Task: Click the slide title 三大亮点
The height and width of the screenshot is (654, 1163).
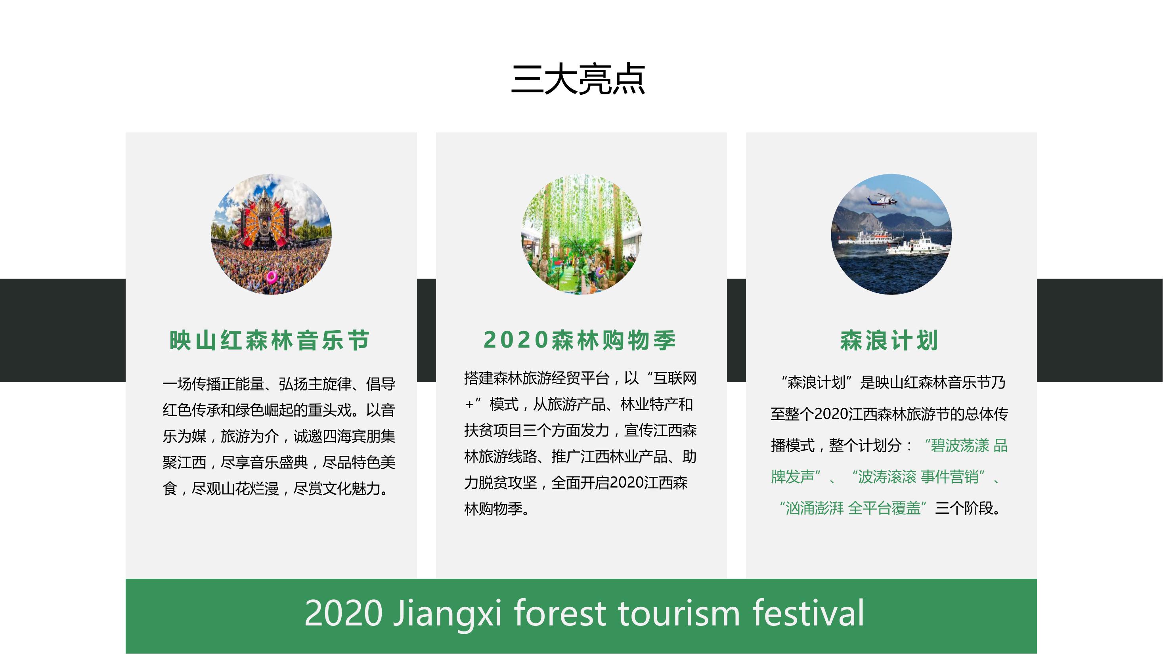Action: pos(578,79)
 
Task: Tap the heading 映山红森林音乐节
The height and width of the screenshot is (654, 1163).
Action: pos(270,340)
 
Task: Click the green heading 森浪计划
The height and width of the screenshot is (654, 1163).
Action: pos(889,340)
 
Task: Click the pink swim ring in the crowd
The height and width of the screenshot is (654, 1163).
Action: pos(272,276)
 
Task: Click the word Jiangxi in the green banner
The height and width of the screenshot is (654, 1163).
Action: pos(448,614)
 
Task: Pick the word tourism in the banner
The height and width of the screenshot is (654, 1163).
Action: pos(679,614)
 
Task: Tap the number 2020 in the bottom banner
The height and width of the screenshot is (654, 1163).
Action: pos(344,614)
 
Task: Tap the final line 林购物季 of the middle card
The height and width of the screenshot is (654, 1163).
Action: pos(497,509)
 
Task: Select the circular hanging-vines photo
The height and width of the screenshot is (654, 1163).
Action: pos(581,234)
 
